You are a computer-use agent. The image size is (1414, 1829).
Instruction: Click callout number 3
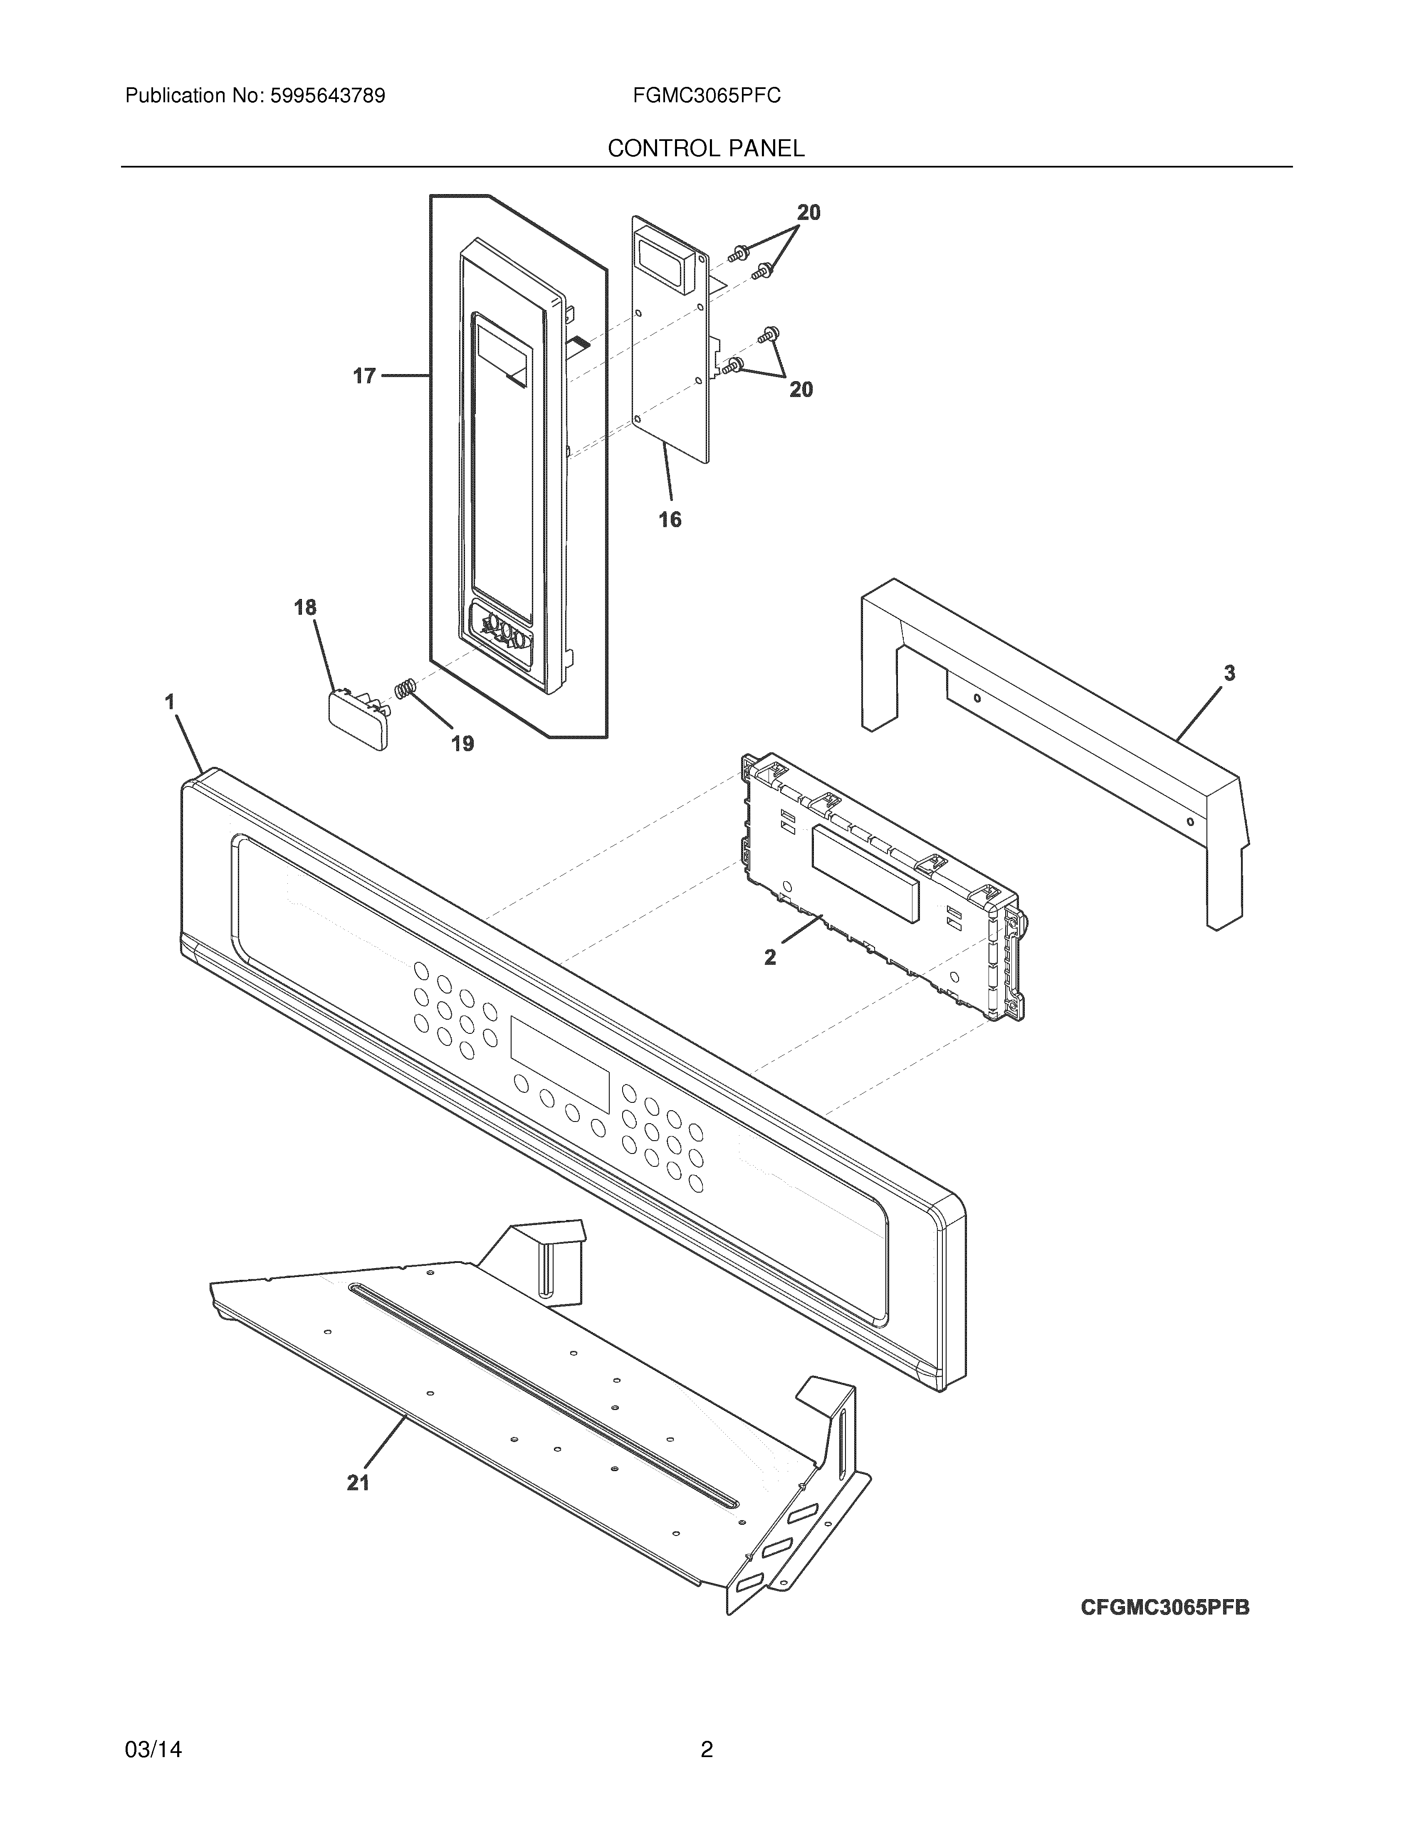coord(1229,673)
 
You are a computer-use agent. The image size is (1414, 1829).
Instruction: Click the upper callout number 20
coord(808,213)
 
